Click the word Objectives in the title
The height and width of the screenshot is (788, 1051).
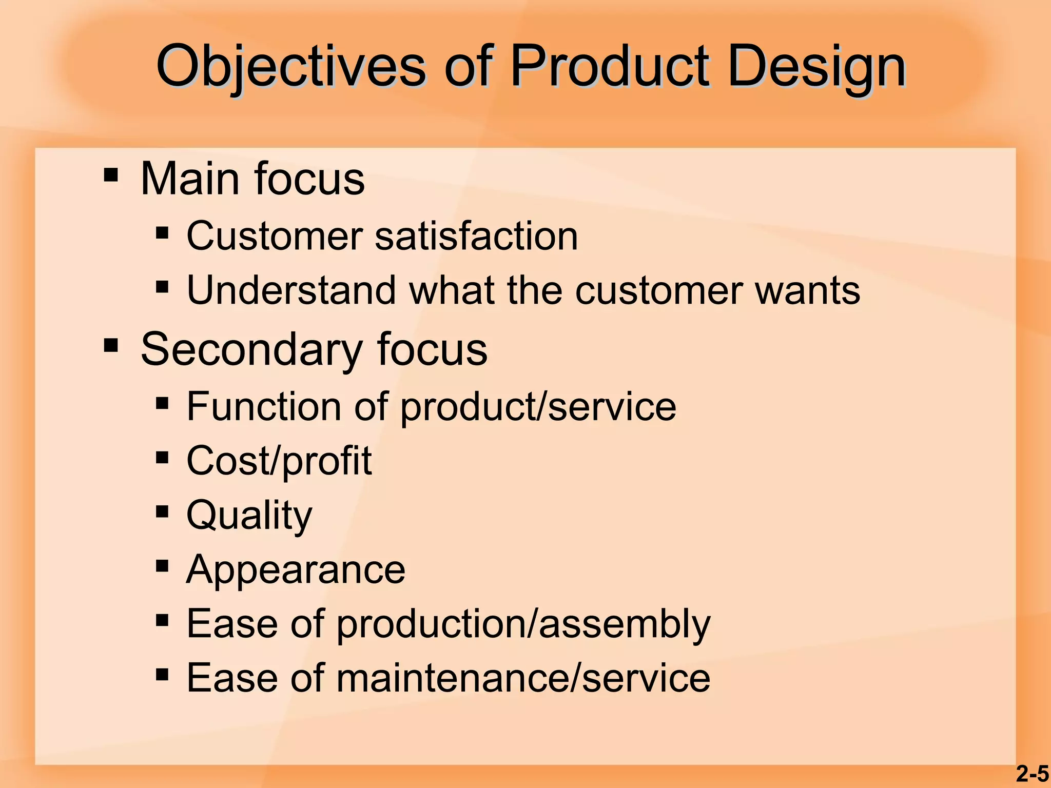pyautogui.click(x=290, y=67)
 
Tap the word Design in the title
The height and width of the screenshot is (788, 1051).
pyautogui.click(x=816, y=67)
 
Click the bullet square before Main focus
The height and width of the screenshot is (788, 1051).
pyautogui.click(x=111, y=175)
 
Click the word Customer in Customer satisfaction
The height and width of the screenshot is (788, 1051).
pyautogui.click(x=275, y=236)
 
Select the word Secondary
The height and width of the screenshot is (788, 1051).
pyautogui.click(x=251, y=350)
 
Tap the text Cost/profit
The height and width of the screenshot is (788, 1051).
pyautogui.click(x=279, y=461)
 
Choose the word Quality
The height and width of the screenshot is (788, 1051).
pyautogui.click(x=249, y=516)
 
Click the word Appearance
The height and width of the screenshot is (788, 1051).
pyautogui.click(x=296, y=570)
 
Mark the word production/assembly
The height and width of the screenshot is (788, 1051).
pyautogui.click(x=523, y=624)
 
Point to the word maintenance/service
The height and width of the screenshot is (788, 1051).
pyautogui.click(x=523, y=678)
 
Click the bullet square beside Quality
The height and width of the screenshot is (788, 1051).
pyautogui.click(x=162, y=511)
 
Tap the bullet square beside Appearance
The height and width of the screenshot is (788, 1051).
pyautogui.click(x=162, y=566)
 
